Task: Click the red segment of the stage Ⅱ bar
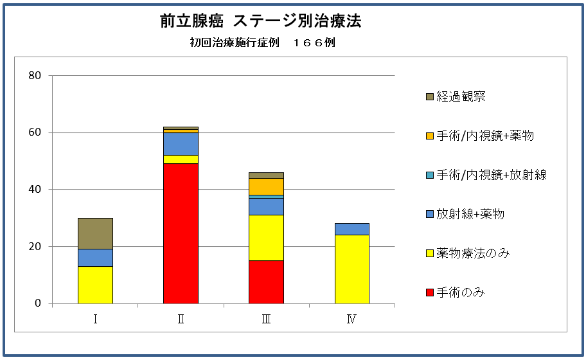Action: (181, 233)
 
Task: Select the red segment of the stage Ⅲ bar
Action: (266, 282)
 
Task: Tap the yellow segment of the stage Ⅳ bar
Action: (351, 269)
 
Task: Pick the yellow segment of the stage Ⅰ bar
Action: (95, 285)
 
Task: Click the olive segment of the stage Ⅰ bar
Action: (95, 233)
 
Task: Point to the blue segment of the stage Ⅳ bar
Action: (351, 229)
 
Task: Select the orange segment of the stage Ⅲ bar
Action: (266, 186)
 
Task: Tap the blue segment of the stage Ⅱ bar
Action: (181, 143)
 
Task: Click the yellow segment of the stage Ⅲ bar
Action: (266, 238)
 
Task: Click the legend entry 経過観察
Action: (461, 96)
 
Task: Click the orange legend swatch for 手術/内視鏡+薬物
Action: (429, 136)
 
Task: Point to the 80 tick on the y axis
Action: (35, 76)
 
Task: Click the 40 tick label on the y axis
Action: (35, 190)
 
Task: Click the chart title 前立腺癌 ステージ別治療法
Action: (261, 21)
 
